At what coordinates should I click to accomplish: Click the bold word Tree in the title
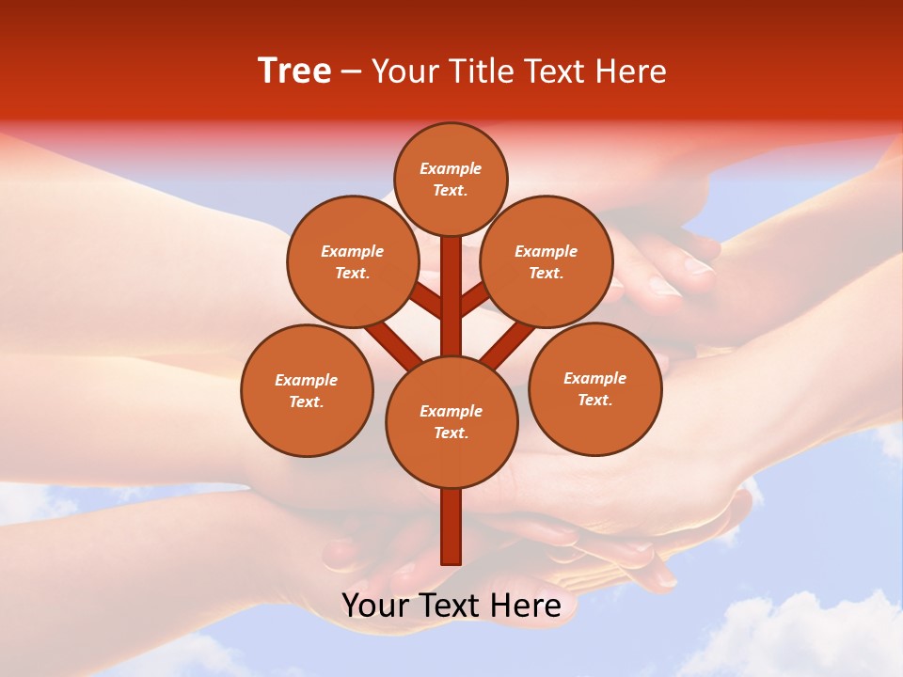[294, 71]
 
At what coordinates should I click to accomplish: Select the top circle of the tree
[451, 179]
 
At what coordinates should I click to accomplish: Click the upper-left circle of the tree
[352, 261]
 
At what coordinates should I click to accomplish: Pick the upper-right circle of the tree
[547, 261]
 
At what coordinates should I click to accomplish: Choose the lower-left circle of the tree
[307, 390]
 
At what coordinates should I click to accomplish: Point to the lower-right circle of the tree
[594, 388]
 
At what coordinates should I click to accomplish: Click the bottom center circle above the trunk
[451, 421]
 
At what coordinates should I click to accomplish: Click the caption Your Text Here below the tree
[451, 606]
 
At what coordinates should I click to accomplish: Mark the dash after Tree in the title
[351, 71]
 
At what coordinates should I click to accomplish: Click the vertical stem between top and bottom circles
[451, 296]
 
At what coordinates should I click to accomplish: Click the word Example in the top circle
[451, 168]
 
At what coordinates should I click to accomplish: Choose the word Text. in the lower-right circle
[594, 400]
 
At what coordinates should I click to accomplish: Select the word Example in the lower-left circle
[307, 380]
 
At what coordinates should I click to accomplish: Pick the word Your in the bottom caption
[374, 606]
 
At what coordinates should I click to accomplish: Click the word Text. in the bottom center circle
[451, 433]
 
